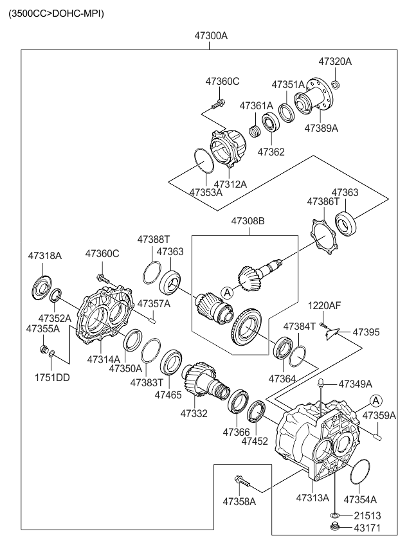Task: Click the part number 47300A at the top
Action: tap(211, 36)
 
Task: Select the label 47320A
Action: tap(335, 62)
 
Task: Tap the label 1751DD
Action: tap(53, 377)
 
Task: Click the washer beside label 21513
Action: tap(334, 515)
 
